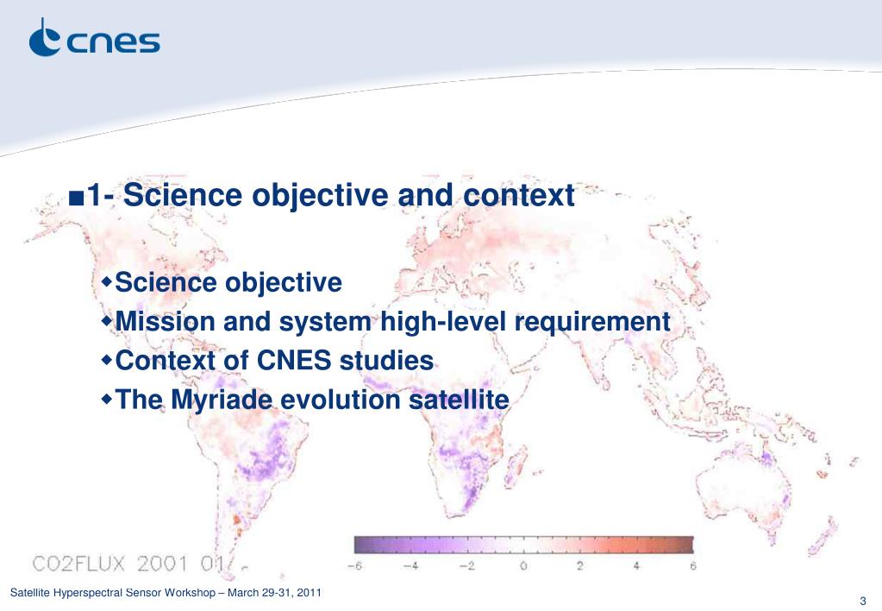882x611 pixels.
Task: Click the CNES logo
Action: point(95,38)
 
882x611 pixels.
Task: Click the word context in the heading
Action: point(519,196)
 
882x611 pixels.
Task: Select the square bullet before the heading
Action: point(76,198)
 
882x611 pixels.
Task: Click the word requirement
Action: point(592,323)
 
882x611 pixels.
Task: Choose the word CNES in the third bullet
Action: point(294,361)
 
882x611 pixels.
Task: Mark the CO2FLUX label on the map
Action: point(78,564)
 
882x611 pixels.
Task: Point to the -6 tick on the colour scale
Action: point(354,565)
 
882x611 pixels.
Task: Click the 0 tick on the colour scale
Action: point(523,565)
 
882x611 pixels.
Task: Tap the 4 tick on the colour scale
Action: point(636,565)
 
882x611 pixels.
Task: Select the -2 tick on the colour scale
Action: point(467,565)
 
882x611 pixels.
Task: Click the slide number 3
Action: point(863,601)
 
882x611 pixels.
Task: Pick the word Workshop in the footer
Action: point(191,592)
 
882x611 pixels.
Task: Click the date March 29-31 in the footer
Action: point(260,592)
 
